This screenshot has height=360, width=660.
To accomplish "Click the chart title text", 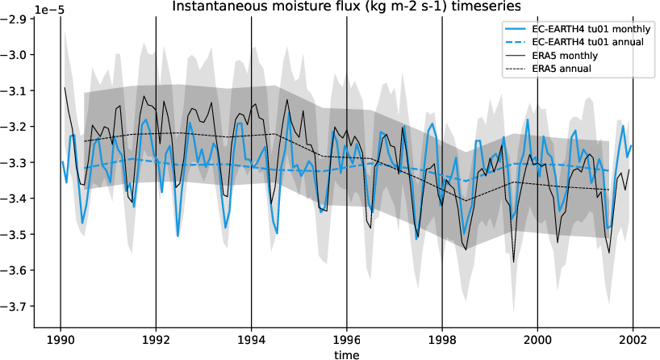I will (347, 6).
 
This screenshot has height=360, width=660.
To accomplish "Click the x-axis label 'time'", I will (347, 354).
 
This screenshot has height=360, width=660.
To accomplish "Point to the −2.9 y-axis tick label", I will (16, 19).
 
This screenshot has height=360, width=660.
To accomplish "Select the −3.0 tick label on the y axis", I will (16, 55).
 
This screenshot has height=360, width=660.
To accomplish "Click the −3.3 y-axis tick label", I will (16, 162).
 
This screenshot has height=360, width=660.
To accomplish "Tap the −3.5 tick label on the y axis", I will (16, 234).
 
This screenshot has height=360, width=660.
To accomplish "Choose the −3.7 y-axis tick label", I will (16, 306).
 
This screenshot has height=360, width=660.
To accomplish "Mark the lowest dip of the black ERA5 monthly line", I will (514, 262).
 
